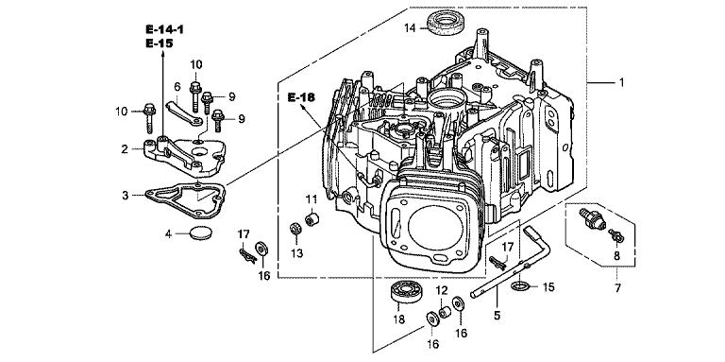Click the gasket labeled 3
click(185, 201)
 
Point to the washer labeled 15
click(520, 286)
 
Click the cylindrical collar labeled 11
click(312, 216)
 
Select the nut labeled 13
click(294, 229)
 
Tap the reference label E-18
click(300, 97)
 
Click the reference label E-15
click(160, 43)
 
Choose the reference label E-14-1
click(164, 29)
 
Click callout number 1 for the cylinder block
click(621, 82)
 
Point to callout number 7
click(617, 288)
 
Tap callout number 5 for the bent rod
click(497, 316)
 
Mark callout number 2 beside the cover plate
click(124, 149)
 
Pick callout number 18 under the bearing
click(398, 319)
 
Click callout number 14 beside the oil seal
click(410, 28)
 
